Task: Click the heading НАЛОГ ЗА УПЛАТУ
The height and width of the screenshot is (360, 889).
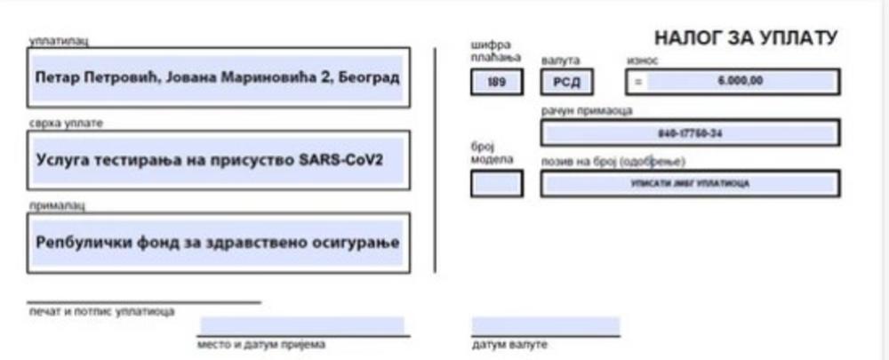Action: coord(745,38)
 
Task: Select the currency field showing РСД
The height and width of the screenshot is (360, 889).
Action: coord(566,82)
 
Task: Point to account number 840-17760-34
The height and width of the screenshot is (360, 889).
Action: coord(689,133)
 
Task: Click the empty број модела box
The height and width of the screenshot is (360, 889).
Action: coord(496,183)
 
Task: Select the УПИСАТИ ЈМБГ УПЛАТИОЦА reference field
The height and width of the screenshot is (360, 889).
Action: coord(689,183)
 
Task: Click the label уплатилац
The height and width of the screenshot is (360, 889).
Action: coord(59,40)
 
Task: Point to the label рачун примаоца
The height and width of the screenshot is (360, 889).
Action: coord(587,111)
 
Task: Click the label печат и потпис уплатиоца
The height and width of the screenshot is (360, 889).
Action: coord(100,311)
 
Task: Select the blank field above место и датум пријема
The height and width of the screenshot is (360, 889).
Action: coord(302,325)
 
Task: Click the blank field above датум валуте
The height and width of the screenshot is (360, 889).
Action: coord(545,326)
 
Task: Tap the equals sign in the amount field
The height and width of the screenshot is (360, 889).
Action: coord(637,82)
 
